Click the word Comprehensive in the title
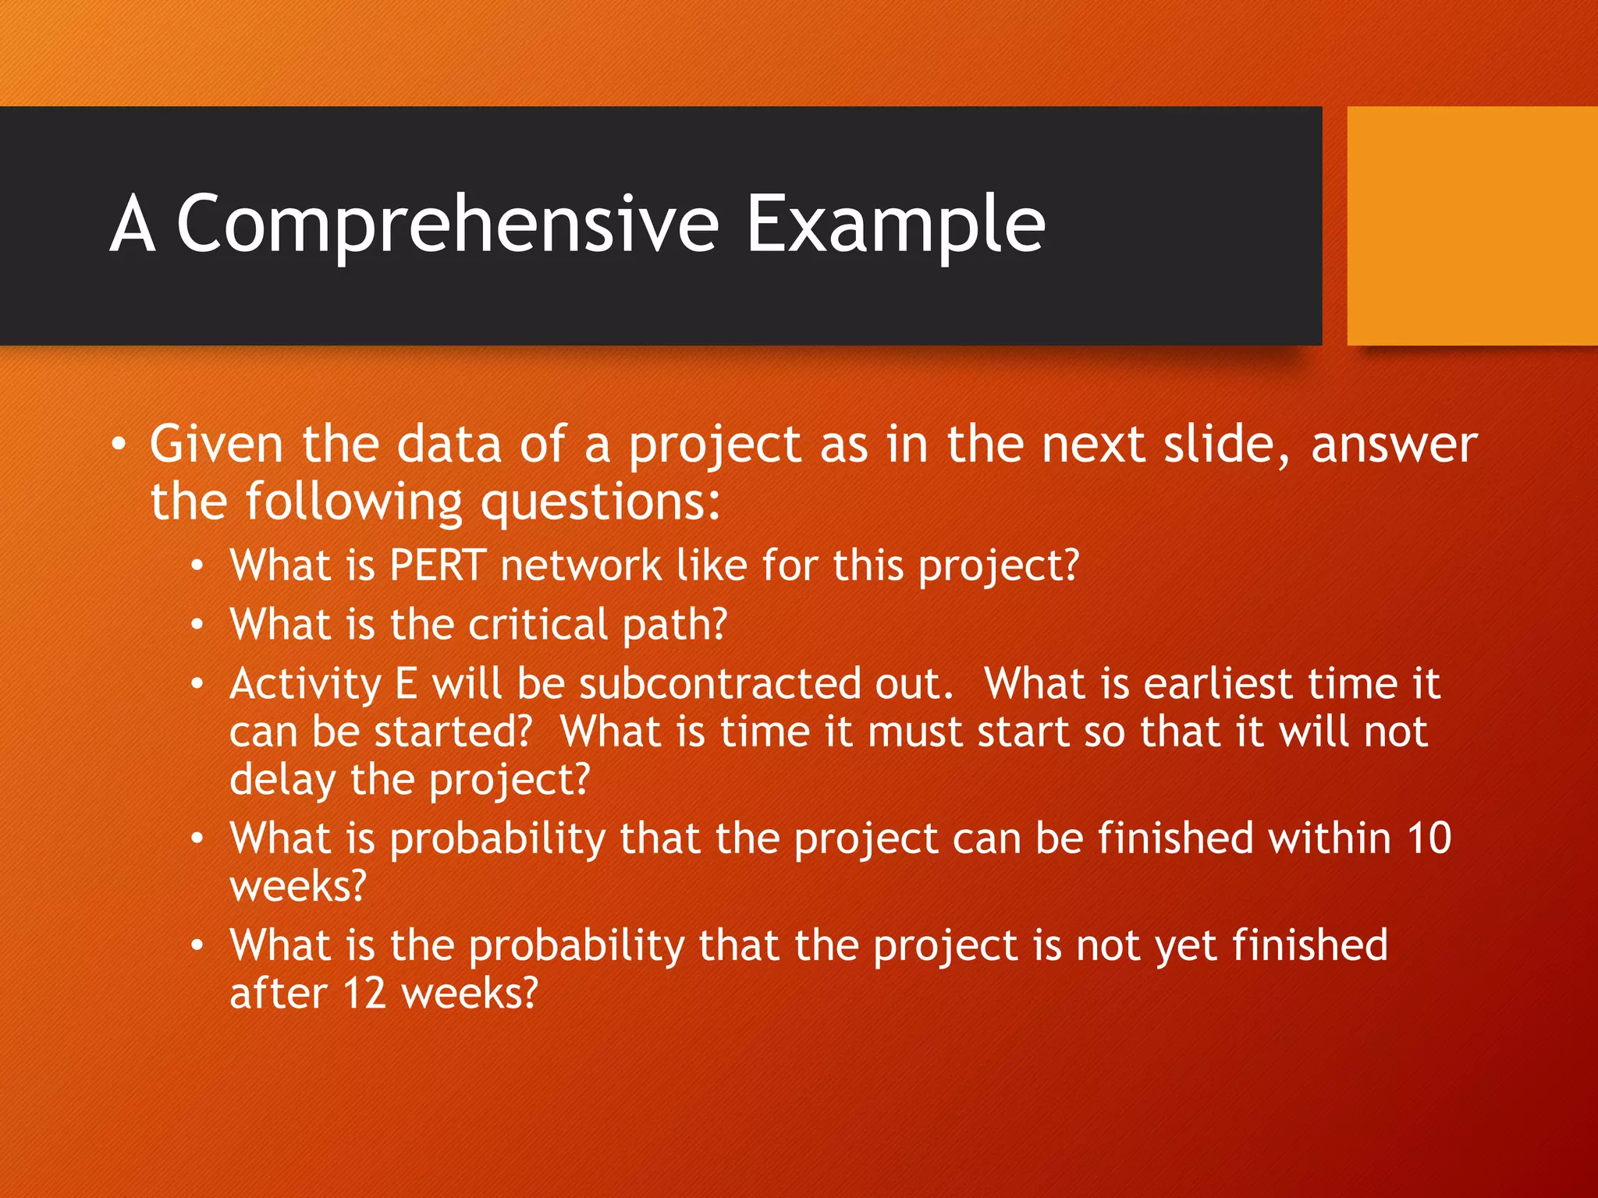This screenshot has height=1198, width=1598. [447, 225]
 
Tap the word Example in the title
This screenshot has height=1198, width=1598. [895, 225]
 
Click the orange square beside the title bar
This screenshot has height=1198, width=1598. [1472, 225]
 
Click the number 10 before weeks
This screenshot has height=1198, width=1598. [1429, 838]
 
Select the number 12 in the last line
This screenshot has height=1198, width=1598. [364, 994]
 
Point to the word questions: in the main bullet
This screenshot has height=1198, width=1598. [600, 503]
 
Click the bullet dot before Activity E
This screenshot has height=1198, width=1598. [198, 685]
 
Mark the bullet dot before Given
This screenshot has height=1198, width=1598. [118, 445]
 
